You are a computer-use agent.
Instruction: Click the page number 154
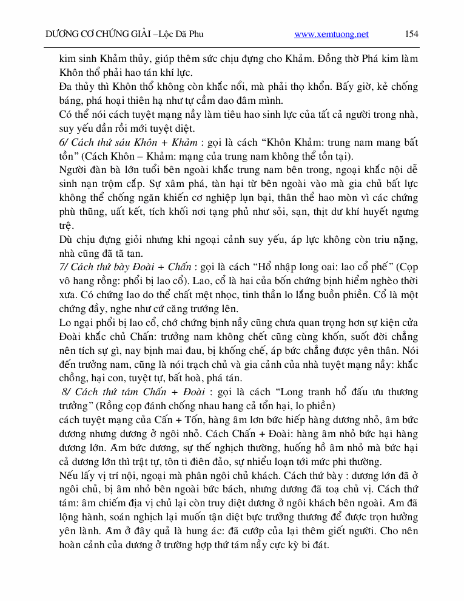click(x=411, y=34)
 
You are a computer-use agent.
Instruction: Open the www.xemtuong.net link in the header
click(x=331, y=35)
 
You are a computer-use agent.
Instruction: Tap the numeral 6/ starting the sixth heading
click(x=64, y=143)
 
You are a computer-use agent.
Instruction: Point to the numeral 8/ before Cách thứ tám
click(x=66, y=392)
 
